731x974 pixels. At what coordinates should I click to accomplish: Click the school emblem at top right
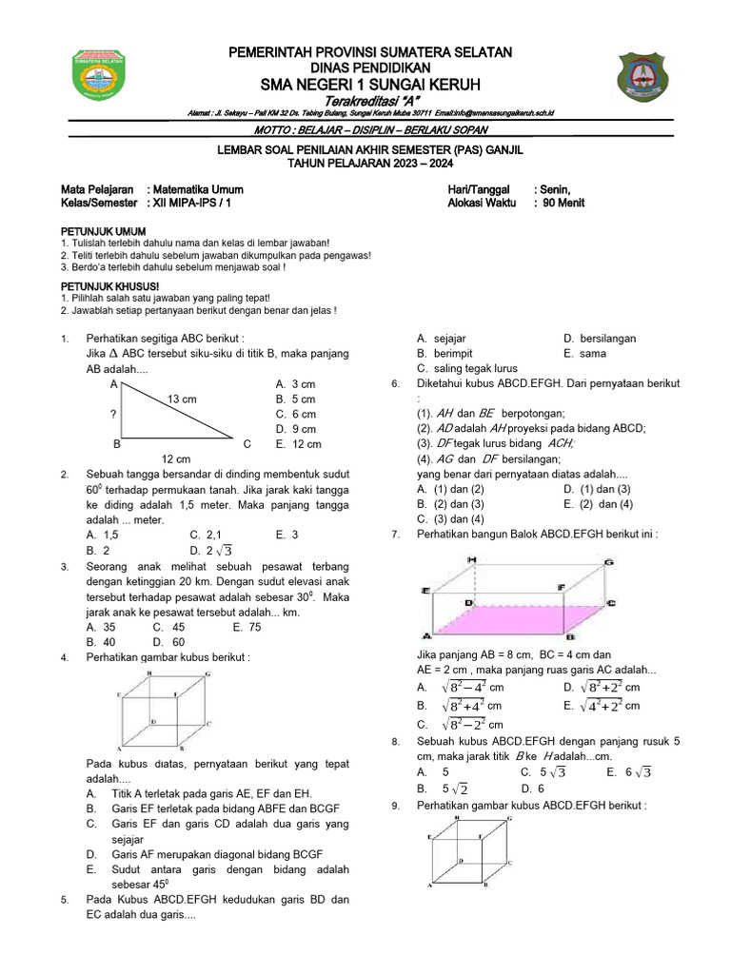(x=649, y=79)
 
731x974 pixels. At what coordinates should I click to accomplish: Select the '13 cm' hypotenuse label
(x=181, y=399)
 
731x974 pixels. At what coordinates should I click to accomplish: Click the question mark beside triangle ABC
(x=113, y=415)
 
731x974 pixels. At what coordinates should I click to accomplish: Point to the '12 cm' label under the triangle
(x=176, y=459)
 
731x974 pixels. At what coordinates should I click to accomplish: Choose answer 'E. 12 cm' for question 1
(x=298, y=444)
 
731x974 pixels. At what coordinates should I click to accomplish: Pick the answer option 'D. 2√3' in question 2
(x=210, y=550)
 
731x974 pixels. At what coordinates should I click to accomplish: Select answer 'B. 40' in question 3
(x=101, y=643)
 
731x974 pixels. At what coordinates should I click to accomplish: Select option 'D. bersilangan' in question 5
(x=600, y=338)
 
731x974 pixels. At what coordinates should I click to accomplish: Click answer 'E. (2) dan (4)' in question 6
(x=598, y=504)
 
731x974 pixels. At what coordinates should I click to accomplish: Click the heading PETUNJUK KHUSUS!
(x=110, y=285)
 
